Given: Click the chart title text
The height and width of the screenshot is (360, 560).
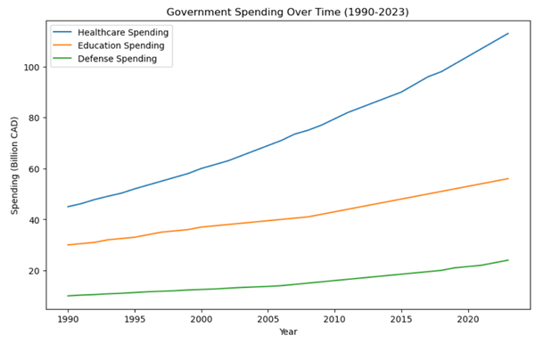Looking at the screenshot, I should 288,12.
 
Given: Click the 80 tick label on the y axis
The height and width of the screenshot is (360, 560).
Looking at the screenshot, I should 33,118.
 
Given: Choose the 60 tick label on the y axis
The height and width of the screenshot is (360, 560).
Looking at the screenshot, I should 33,168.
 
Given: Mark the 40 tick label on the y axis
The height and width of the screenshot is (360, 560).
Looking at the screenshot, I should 33,220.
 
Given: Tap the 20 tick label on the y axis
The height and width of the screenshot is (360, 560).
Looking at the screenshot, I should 33,271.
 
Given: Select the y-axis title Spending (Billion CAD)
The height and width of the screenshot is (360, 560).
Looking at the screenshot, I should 13,169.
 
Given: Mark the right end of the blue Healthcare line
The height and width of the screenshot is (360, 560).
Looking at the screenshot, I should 508,34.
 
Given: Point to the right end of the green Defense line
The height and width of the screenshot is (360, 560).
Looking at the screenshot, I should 508,260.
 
